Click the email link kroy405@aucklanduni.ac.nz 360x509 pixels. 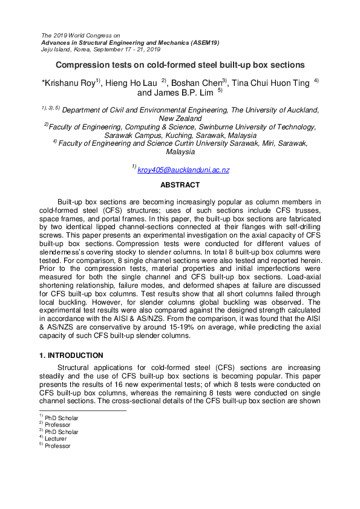coord(183,170)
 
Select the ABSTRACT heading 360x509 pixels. coord(180,185)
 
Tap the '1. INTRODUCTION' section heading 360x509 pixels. coord(71,355)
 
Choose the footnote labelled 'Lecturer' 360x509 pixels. coord(54,439)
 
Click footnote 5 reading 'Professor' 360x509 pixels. coord(56,446)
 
